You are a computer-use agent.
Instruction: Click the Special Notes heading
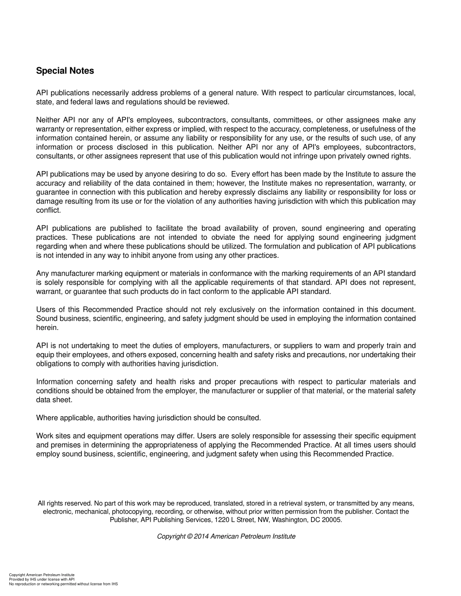[65, 71]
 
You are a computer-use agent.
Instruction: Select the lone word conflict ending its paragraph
[48, 210]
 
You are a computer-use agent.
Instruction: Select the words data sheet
[54, 400]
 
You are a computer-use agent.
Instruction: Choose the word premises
[65, 445]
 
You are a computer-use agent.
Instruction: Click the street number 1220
[219, 520]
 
